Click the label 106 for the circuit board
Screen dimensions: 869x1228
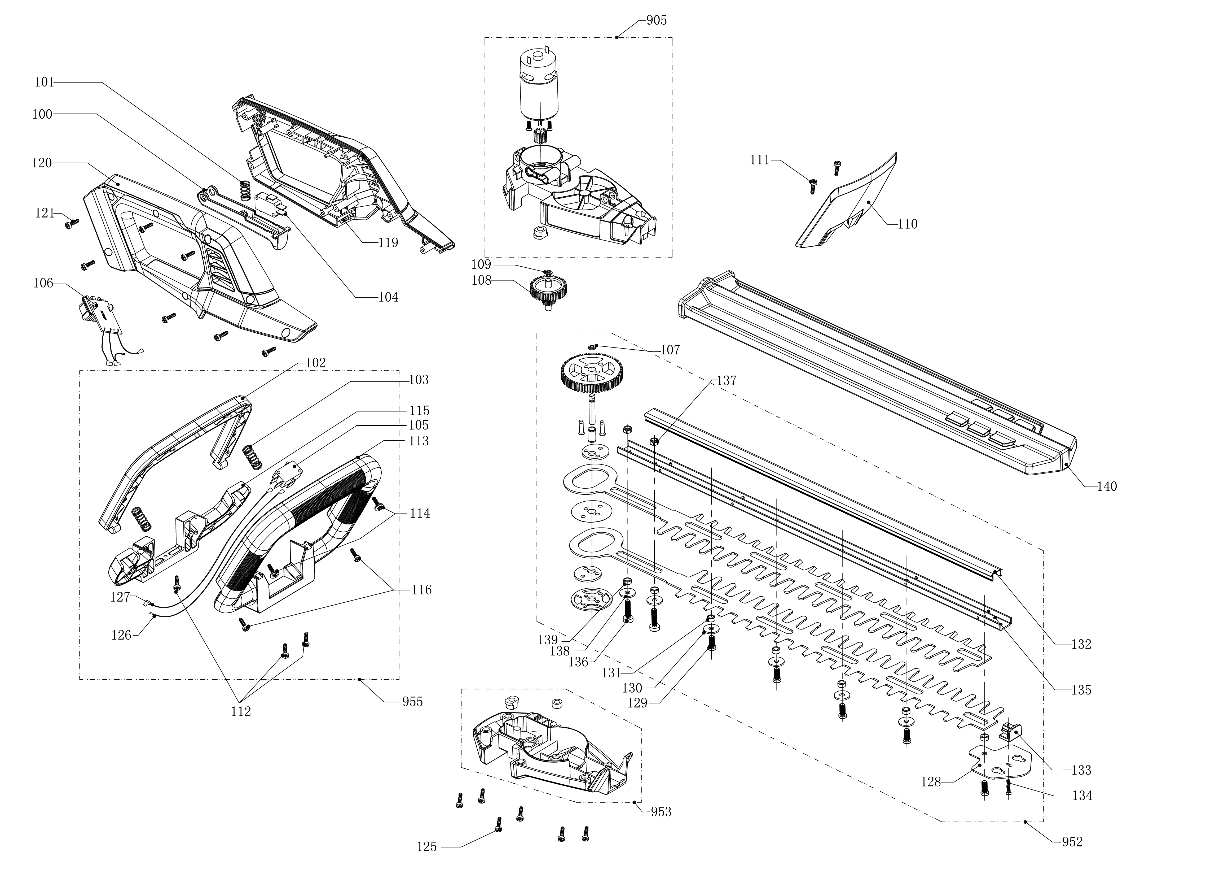click(43, 283)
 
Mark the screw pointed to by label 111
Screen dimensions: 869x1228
click(813, 186)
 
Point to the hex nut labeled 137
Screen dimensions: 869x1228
click(654, 441)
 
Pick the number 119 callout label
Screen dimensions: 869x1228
click(388, 243)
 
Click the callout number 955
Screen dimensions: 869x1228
click(412, 702)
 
